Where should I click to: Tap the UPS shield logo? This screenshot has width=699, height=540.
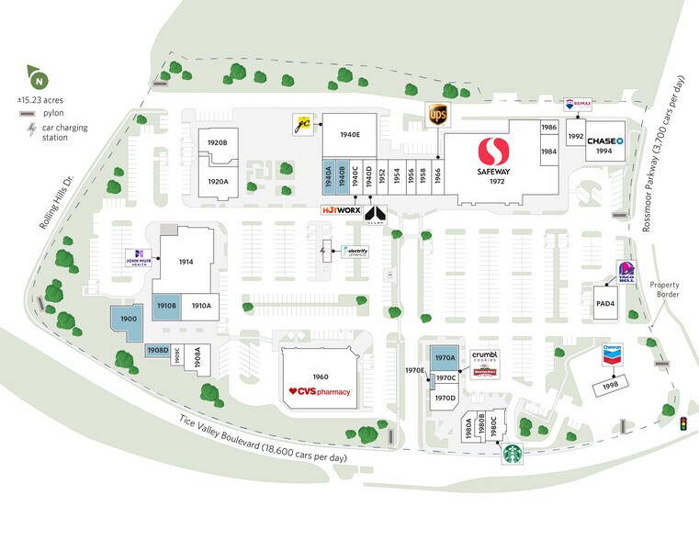pyautogui.click(x=437, y=116)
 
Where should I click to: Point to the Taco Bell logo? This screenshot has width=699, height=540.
pyautogui.click(x=627, y=273)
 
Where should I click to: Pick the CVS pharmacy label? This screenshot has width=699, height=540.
pyautogui.click(x=320, y=392)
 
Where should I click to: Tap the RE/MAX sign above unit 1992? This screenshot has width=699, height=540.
pyautogui.click(x=577, y=107)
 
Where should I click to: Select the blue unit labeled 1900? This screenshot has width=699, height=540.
pyautogui.click(x=128, y=320)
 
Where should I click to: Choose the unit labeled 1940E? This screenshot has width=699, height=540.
pyautogui.click(x=350, y=135)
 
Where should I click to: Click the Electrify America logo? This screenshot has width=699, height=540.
pyautogui.click(x=354, y=252)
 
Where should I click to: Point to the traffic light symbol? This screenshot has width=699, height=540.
pyautogui.click(x=682, y=424)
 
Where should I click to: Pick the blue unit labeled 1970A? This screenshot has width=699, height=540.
pyautogui.click(x=445, y=358)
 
